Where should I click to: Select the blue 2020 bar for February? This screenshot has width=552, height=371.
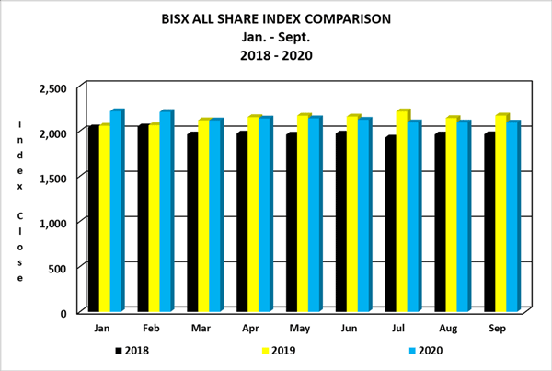(x=166, y=212)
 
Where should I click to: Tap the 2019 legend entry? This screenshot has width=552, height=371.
(x=280, y=350)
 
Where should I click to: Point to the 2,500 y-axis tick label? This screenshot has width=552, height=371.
(x=52, y=88)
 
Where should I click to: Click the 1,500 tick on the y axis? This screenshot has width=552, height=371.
(x=52, y=178)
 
